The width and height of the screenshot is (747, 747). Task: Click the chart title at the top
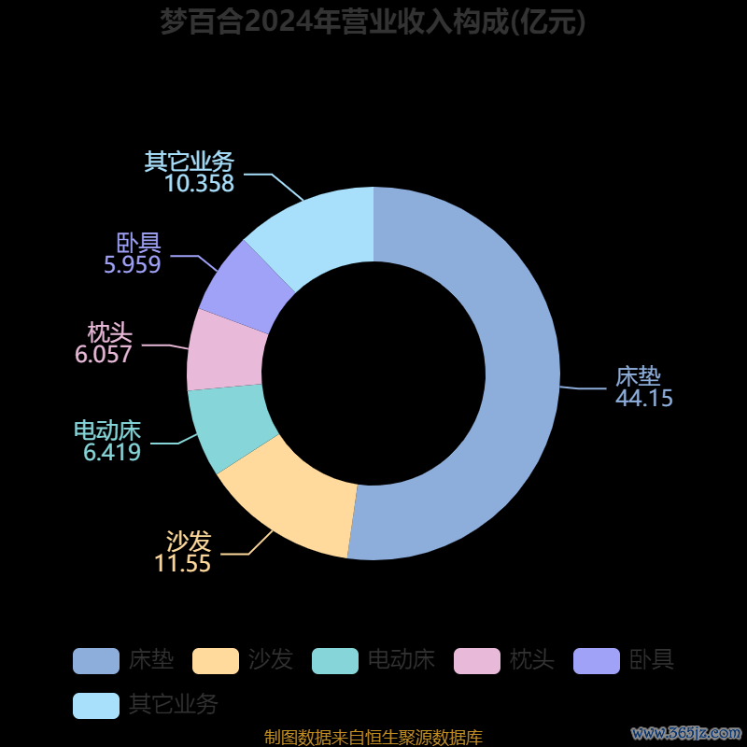[x=373, y=21]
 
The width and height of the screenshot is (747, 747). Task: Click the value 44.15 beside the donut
[x=644, y=398]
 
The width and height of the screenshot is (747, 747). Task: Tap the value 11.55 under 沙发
[x=183, y=564]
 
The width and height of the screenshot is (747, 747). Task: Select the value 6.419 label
[x=112, y=454]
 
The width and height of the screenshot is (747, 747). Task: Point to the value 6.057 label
[x=104, y=355]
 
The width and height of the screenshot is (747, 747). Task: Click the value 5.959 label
[x=133, y=265]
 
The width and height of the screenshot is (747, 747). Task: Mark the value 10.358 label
[x=199, y=184]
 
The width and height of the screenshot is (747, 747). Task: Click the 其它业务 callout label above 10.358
[x=190, y=162]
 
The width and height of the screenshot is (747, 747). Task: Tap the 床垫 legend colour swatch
[x=96, y=661]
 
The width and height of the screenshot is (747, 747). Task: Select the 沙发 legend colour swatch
[x=216, y=661]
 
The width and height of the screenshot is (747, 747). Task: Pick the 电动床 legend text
[x=402, y=661]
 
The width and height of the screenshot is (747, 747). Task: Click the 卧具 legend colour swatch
[x=597, y=661]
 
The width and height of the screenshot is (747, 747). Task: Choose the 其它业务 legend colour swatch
[x=96, y=705]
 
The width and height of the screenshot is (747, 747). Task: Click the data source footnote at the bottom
[x=373, y=738]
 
